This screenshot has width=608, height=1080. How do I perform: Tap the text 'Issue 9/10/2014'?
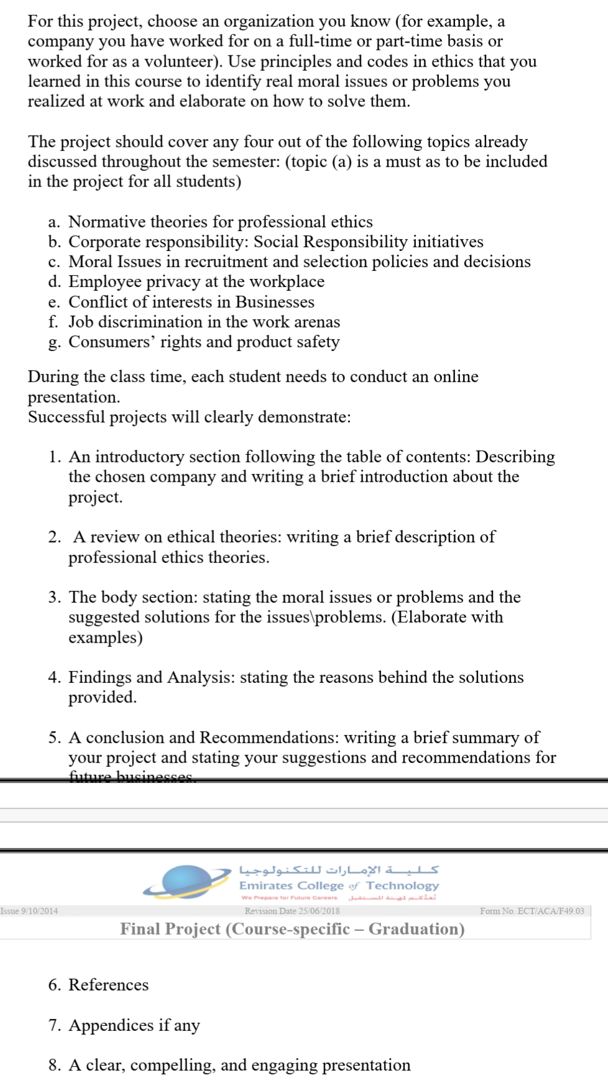coord(29,911)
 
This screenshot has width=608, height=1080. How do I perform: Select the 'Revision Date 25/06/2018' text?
coord(292,911)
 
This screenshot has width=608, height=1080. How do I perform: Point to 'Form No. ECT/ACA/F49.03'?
coord(532,911)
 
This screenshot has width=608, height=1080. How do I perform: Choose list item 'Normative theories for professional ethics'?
coord(220,222)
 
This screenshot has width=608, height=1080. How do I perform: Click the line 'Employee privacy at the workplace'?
coord(196,281)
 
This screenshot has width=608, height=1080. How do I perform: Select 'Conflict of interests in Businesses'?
coord(191,302)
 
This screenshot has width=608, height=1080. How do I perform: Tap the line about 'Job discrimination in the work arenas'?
coord(204,322)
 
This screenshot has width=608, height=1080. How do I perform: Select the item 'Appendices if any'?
coord(134,1025)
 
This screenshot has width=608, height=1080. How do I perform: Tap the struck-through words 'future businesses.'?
coord(132,777)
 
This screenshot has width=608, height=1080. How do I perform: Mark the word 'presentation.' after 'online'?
coord(74,397)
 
